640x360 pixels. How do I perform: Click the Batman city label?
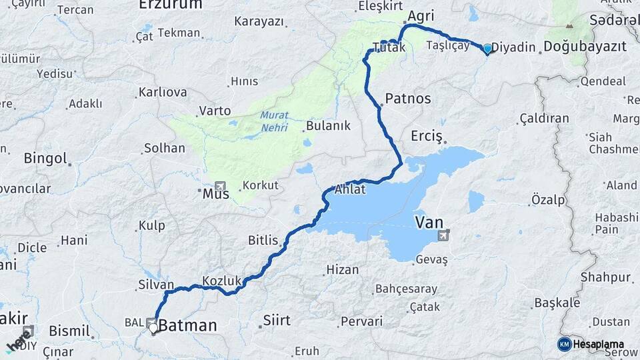point(187,325)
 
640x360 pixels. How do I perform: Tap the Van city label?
point(429,222)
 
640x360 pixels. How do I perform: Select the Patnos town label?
point(407,99)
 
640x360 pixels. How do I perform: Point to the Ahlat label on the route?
point(350,189)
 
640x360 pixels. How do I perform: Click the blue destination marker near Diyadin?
point(487,49)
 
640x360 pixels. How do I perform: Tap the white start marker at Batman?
point(153,327)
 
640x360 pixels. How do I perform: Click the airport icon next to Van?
point(443,235)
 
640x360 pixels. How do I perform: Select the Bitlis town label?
point(263,240)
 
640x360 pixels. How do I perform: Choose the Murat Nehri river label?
point(275,120)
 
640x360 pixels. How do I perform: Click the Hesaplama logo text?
point(598,344)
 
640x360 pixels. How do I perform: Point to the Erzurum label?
point(170,5)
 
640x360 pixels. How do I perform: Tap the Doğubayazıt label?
point(585,47)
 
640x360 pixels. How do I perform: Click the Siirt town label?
point(277,321)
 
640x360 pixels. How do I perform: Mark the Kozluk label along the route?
point(221,281)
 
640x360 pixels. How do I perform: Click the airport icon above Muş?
point(220,186)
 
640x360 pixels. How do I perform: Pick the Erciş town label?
point(427,135)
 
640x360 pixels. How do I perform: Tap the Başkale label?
point(557,303)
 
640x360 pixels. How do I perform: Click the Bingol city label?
point(46,159)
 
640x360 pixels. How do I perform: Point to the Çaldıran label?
point(544,119)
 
